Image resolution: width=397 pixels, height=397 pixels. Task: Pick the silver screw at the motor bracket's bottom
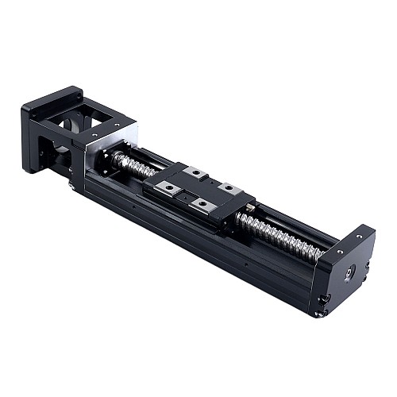click(73, 185)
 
